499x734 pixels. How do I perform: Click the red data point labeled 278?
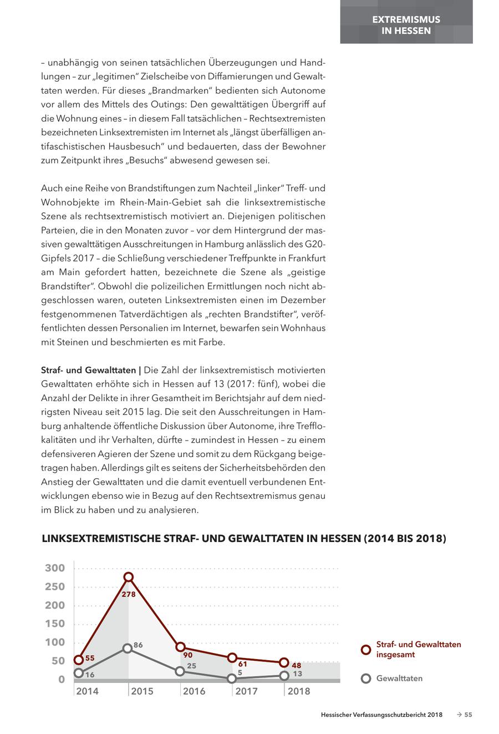click(x=128, y=578)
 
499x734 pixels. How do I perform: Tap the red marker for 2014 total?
click(x=79, y=660)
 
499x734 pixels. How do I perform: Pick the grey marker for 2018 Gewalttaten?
click(x=284, y=675)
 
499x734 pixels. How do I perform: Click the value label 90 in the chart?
click(x=187, y=655)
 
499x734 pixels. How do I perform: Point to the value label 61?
click(x=242, y=664)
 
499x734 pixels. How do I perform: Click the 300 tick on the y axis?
click(x=55, y=568)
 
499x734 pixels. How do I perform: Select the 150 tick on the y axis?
click(x=55, y=624)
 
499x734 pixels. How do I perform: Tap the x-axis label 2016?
click(x=194, y=691)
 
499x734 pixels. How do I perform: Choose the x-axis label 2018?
click(x=299, y=691)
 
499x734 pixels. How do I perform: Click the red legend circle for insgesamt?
click(x=365, y=650)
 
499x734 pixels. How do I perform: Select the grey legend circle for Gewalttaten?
click(x=365, y=679)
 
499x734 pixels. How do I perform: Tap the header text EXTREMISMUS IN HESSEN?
click(x=406, y=25)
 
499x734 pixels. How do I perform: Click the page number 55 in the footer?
click(x=468, y=715)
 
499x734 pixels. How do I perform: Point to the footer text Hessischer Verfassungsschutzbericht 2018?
click(x=381, y=715)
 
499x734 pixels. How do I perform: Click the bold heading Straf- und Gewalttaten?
click(x=88, y=369)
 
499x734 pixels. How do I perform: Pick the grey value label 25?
click(x=191, y=666)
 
